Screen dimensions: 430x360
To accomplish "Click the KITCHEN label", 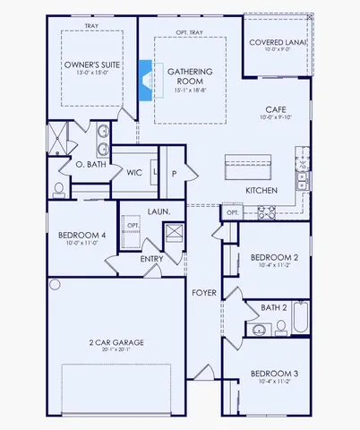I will pos(261,191).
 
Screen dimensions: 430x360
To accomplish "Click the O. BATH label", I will pos(91,165).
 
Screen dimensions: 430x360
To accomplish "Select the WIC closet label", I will pos(134,173).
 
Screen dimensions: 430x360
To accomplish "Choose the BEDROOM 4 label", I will pos(77,236).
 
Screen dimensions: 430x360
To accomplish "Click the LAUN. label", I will pos(159,211).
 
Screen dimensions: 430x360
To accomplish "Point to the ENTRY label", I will pos(152,259).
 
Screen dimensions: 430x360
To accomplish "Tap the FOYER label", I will pos(203,293).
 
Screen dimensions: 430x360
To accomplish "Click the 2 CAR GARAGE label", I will pos(117,342).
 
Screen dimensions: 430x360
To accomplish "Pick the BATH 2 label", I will pos(274,307).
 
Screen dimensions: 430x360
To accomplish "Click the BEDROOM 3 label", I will pos(272,373).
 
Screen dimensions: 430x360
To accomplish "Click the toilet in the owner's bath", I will pos(58,189).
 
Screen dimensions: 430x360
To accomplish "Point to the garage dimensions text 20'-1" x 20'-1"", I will pos(117,350).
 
